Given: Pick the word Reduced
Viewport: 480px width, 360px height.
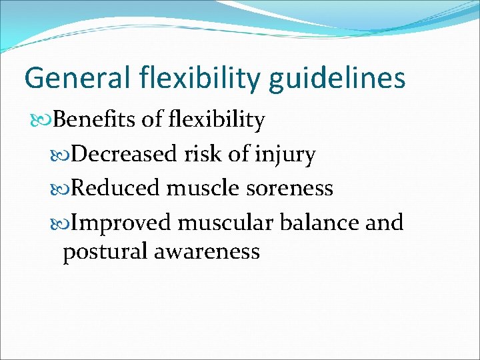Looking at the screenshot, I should (115, 189).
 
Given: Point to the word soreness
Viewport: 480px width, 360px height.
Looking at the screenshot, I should (289, 189).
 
